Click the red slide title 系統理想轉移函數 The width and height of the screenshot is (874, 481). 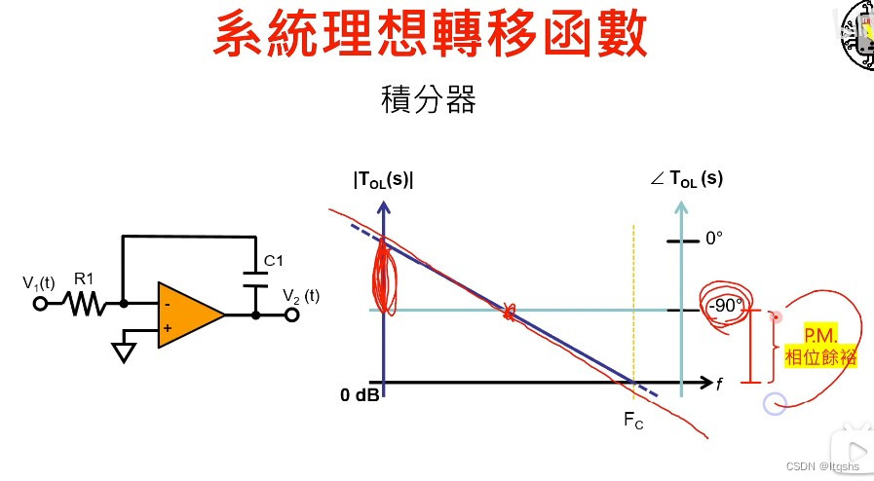pyautogui.click(x=430, y=37)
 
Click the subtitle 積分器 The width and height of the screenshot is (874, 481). pyautogui.click(x=429, y=99)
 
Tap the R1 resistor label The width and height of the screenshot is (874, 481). pyautogui.click(x=85, y=278)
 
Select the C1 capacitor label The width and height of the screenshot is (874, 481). pyautogui.click(x=275, y=260)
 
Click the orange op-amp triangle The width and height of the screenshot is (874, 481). pyautogui.click(x=187, y=315)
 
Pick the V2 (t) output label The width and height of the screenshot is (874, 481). pyautogui.click(x=301, y=295)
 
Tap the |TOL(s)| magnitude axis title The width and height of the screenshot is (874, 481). pyautogui.click(x=384, y=179)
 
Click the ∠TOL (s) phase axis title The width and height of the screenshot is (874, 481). pyautogui.click(x=687, y=179)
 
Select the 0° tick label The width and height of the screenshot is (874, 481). pyautogui.click(x=715, y=238)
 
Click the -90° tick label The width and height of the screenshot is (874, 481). pyautogui.click(x=725, y=305)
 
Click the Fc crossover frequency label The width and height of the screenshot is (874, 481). pyautogui.click(x=632, y=422)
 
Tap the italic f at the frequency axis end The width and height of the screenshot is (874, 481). pyautogui.click(x=719, y=386)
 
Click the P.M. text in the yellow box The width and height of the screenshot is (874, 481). pyautogui.click(x=821, y=337)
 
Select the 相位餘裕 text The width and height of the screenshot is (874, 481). pyautogui.click(x=821, y=357)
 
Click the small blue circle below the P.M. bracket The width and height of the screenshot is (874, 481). pyautogui.click(x=774, y=403)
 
